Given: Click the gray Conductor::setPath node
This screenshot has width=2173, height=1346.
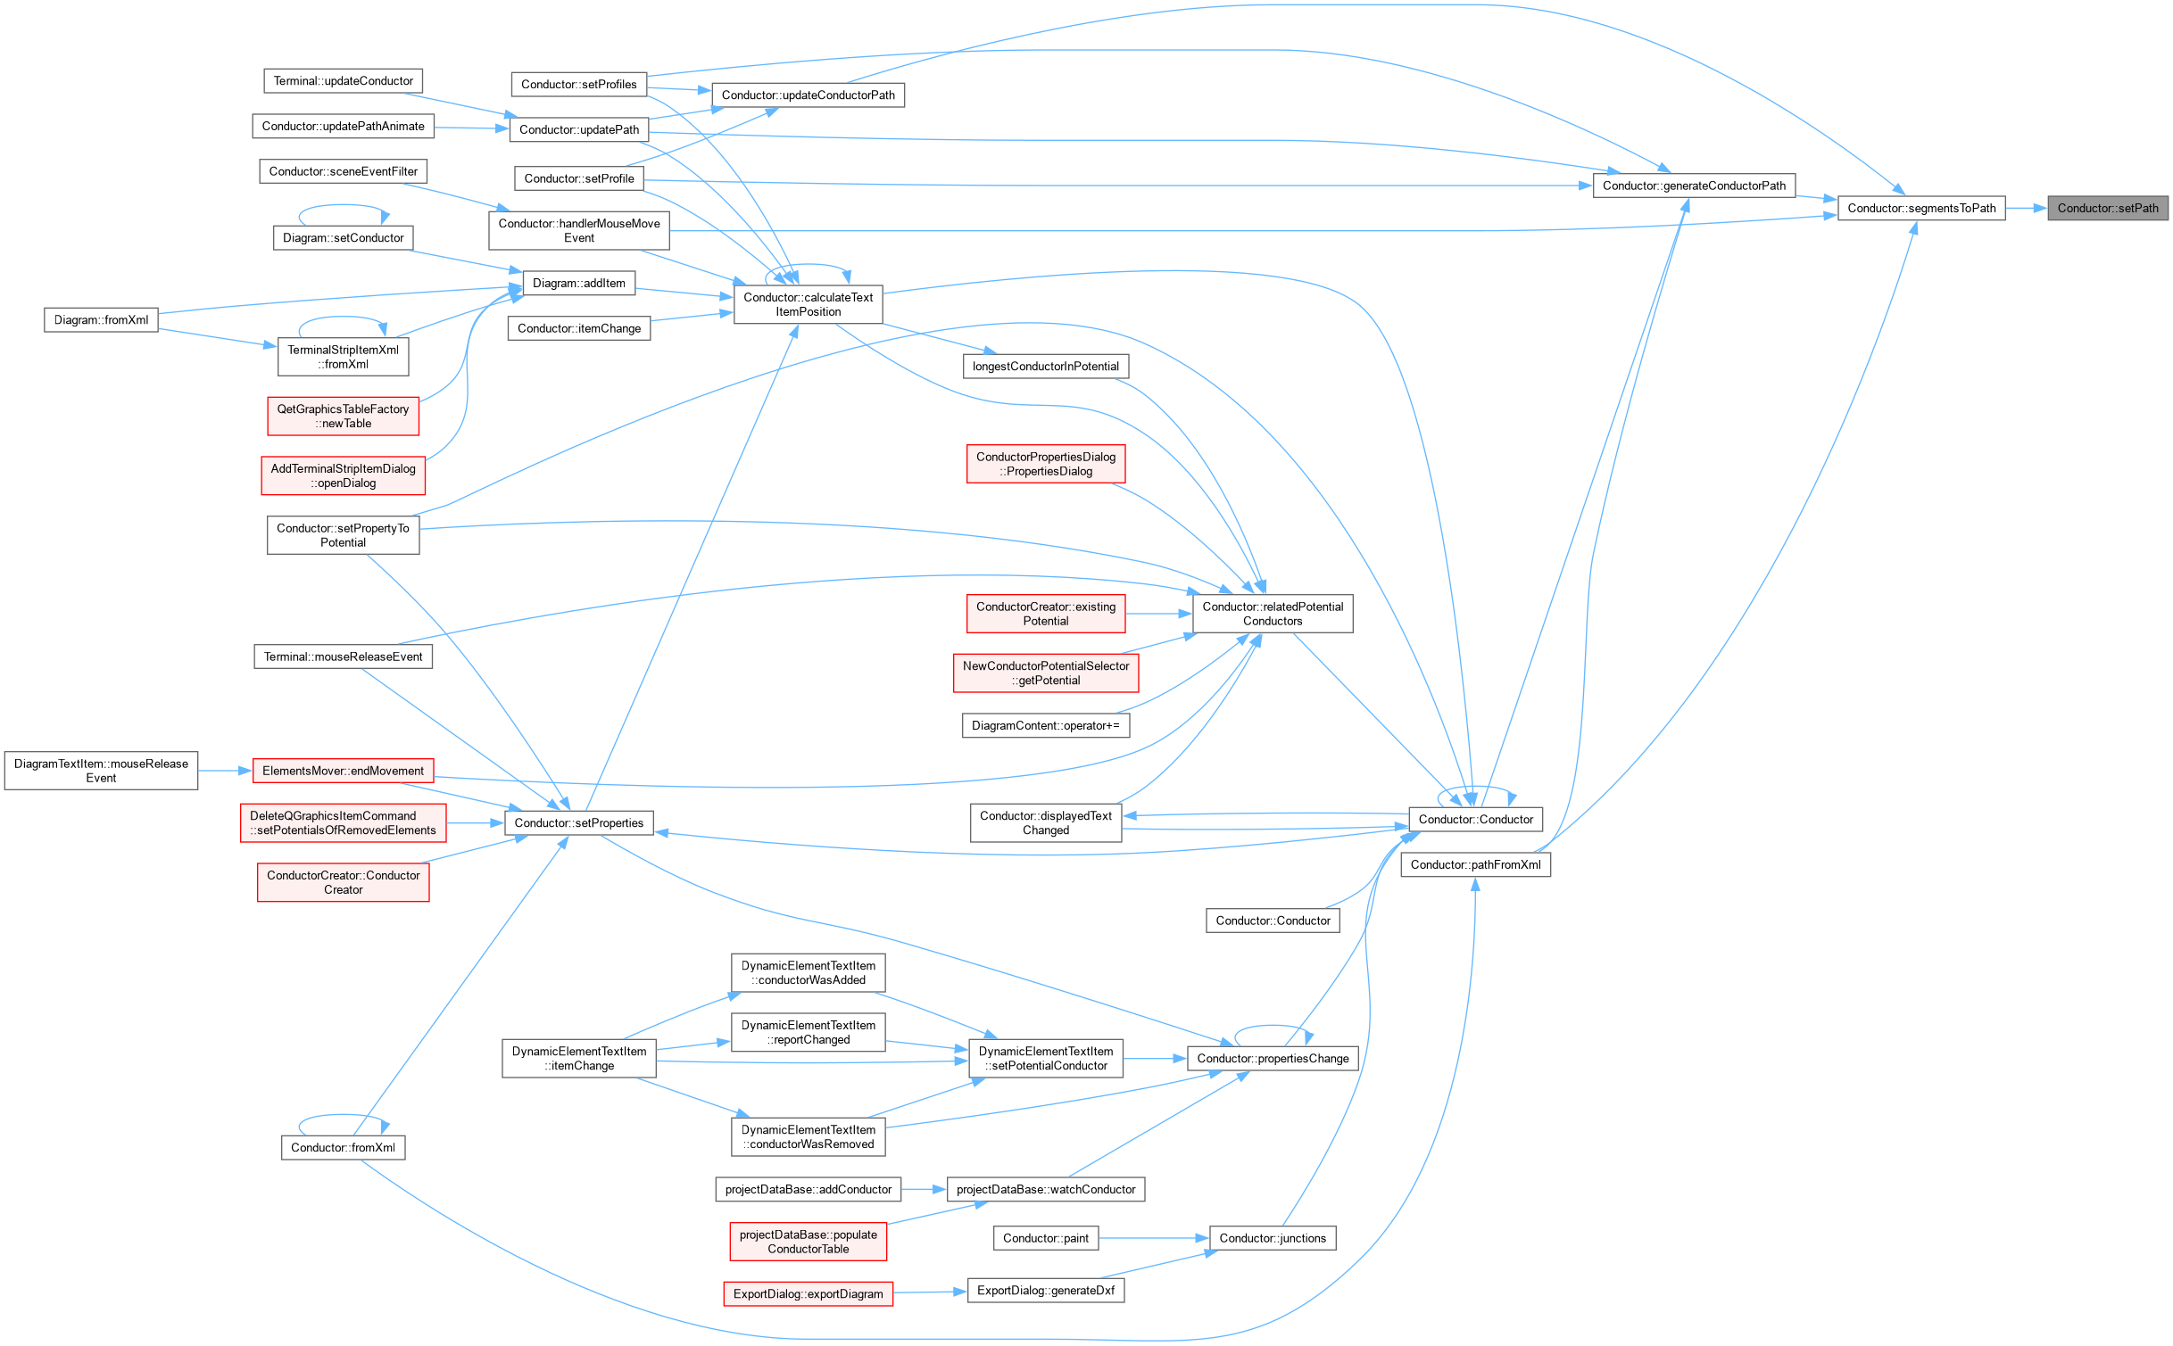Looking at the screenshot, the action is click(2107, 209).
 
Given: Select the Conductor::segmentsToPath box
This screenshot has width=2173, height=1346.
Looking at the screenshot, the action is click(1921, 209).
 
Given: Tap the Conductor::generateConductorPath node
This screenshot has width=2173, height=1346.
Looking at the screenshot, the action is click(1694, 186).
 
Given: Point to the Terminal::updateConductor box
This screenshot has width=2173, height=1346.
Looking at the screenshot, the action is click(343, 81).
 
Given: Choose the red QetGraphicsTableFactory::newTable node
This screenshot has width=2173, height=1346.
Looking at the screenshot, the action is click(343, 417).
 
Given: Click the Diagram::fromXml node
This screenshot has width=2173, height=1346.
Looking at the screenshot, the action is click(101, 320).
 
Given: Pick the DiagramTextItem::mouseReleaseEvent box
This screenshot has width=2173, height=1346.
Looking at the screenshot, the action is click(101, 771).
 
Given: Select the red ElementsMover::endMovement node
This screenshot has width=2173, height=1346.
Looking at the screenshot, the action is click(343, 771).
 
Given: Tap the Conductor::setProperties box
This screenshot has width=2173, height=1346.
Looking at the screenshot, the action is click(579, 823).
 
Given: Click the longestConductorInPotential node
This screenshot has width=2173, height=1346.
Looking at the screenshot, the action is click(1046, 367).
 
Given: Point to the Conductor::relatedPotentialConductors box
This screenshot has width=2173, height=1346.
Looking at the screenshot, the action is click(1273, 614).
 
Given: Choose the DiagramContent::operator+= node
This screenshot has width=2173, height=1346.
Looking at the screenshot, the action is click(1046, 726).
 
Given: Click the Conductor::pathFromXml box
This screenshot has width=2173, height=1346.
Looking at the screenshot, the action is click(1476, 864).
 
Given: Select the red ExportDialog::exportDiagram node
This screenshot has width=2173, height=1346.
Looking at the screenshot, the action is click(809, 1294).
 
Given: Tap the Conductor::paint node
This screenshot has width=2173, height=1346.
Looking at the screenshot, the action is click(1046, 1238).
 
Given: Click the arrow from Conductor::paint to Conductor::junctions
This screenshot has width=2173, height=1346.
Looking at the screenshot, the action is click(1154, 1238).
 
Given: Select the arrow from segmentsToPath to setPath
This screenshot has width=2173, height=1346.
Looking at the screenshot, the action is click(2027, 209).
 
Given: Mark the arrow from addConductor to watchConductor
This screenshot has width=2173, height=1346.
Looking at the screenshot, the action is click(924, 1190).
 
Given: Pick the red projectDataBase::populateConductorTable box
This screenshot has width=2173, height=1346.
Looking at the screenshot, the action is click(809, 1242).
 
